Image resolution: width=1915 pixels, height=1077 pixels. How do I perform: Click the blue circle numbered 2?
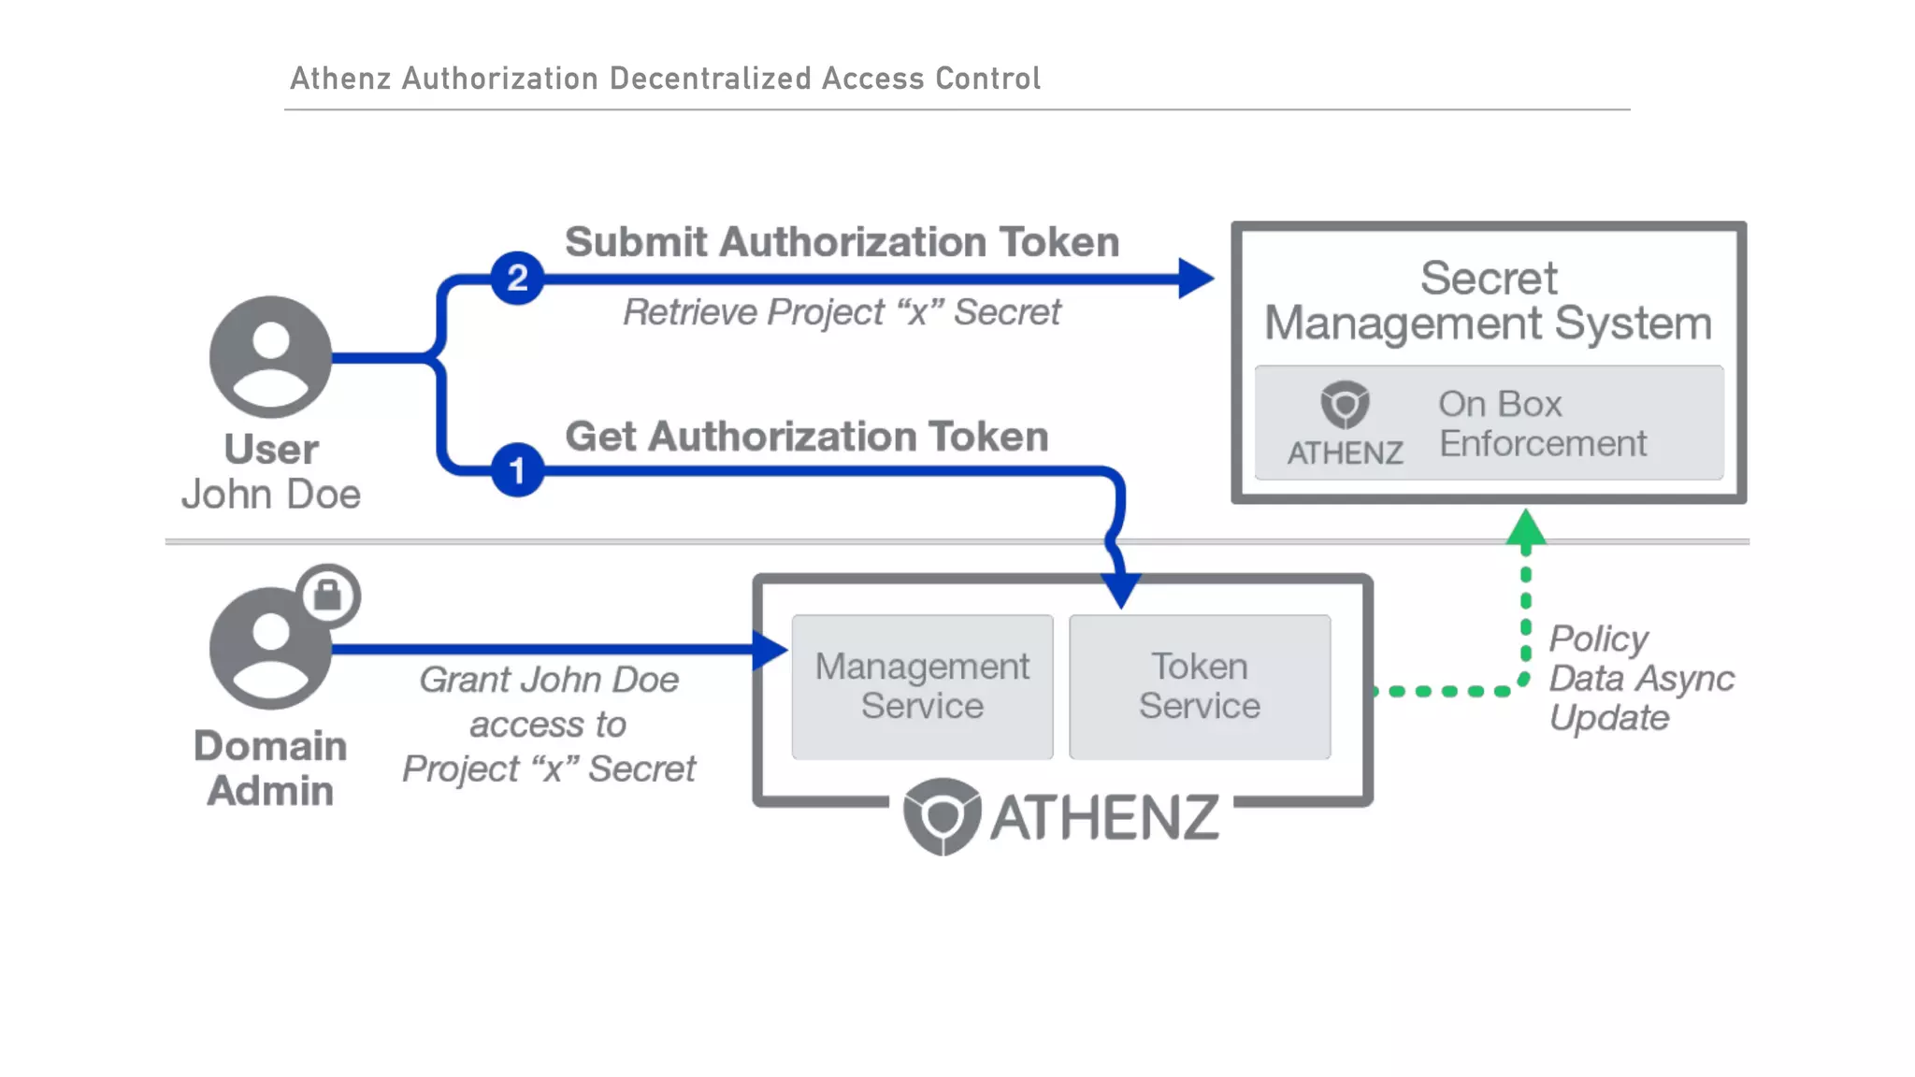517,278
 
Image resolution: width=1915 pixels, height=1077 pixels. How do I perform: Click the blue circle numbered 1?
517,470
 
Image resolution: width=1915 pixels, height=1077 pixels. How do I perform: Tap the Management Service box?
922,686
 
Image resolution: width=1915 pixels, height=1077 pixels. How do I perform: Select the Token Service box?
1200,686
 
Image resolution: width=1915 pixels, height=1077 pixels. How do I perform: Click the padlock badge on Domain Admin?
328,596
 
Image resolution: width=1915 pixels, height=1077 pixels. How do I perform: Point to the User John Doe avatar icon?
270,357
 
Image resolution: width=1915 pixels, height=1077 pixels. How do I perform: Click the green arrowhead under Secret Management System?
1526,528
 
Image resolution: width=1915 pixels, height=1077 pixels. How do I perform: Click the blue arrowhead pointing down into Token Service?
1121,589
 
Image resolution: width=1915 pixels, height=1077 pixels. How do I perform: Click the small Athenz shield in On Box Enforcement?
1345,405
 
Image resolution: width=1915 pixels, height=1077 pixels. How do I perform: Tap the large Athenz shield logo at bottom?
942,815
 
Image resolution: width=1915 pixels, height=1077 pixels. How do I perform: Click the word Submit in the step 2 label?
636,242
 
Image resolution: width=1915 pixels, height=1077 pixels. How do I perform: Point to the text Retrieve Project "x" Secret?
842,312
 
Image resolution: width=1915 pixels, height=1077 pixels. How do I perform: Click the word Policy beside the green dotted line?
1598,639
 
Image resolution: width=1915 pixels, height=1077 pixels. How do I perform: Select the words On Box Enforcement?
1542,424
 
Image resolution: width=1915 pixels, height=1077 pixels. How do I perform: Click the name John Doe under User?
271,495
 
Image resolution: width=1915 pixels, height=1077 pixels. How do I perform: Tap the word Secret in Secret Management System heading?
1489,278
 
